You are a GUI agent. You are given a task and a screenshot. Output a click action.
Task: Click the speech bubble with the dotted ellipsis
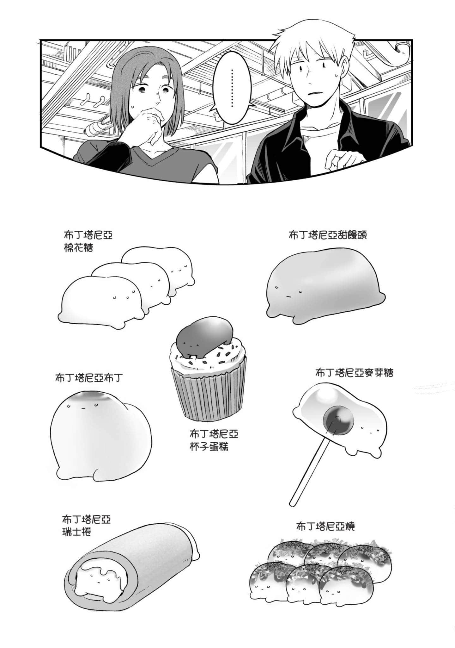[233, 87]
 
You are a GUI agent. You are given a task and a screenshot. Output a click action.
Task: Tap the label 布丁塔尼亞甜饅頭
[327, 235]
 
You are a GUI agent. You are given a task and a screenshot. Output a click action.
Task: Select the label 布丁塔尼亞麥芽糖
[354, 373]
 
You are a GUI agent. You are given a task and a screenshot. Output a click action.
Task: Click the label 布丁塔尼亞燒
[325, 526]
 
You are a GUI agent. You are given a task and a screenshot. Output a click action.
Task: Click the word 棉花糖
[78, 248]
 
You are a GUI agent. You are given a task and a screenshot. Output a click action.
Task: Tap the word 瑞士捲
[77, 532]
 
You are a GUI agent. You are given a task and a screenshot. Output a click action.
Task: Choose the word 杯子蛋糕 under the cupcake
[209, 447]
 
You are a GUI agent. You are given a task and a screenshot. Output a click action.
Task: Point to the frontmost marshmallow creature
[101, 301]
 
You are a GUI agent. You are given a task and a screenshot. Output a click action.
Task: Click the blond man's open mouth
[313, 93]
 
